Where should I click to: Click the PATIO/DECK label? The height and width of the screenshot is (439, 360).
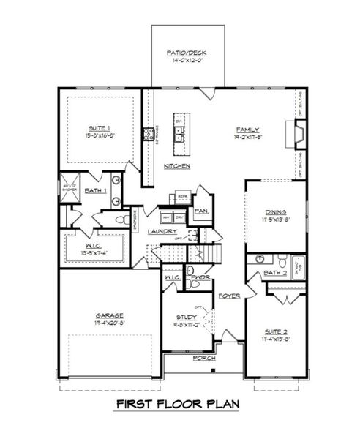point(181,53)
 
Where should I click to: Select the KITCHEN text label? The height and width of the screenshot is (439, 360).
point(177,167)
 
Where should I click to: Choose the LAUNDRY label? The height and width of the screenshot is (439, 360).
point(162,232)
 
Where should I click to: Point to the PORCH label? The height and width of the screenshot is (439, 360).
point(203,359)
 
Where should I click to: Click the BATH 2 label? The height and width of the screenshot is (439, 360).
point(274,273)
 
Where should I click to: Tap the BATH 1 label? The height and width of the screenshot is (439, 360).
point(96,190)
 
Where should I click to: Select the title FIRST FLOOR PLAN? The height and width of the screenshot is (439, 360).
point(181,404)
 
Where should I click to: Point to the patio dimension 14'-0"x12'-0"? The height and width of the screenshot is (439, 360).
point(181,61)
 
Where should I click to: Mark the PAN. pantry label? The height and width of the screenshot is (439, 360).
point(200,211)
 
